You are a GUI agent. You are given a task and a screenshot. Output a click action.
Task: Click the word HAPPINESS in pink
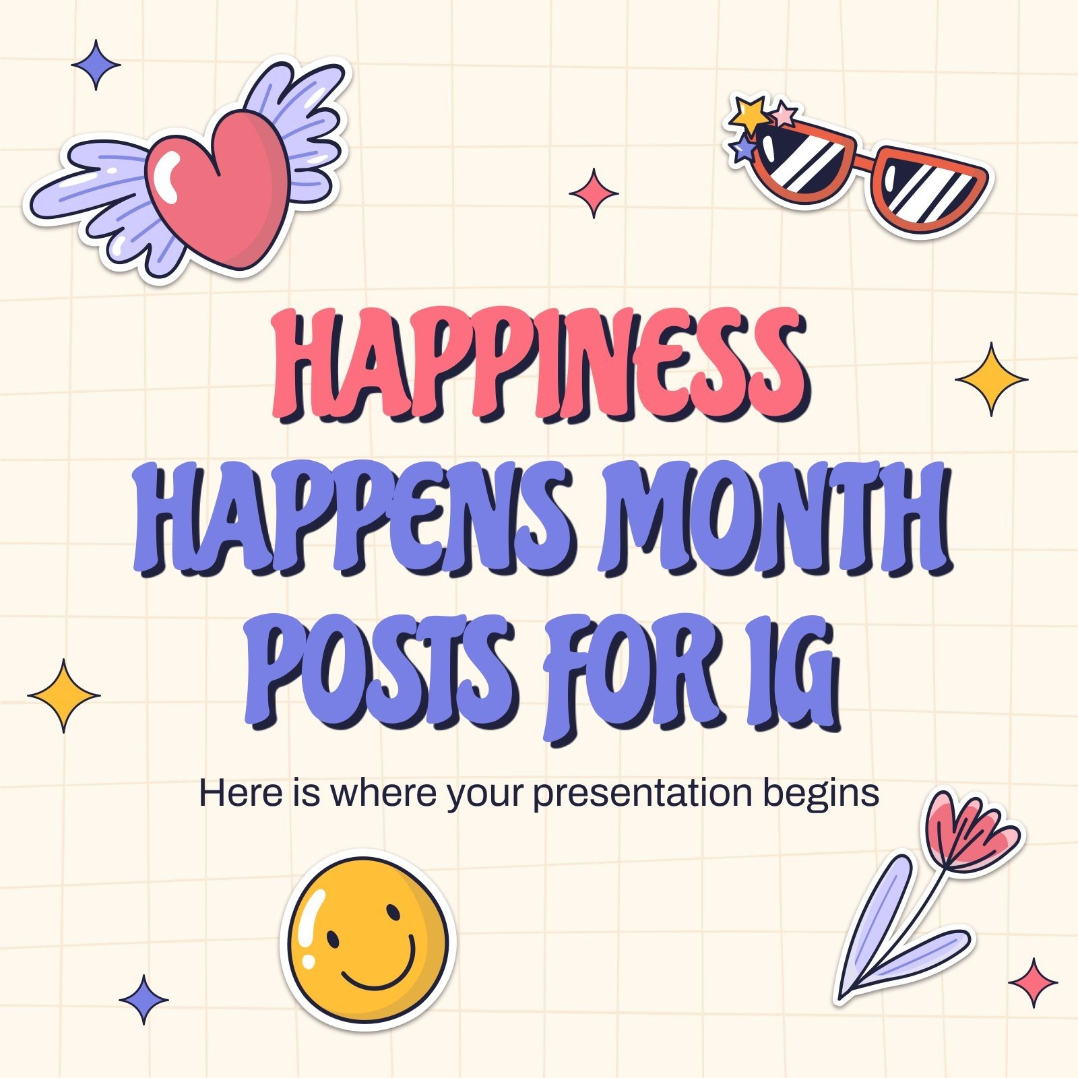tap(539, 367)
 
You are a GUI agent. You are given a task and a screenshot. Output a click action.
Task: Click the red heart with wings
tap(219, 189)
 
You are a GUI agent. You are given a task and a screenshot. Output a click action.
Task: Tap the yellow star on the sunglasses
tap(750, 115)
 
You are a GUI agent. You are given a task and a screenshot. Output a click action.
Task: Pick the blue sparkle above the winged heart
tap(96, 65)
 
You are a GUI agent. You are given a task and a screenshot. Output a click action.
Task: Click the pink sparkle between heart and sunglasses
tap(594, 193)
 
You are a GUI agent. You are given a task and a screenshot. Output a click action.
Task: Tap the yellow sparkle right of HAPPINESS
tap(991, 379)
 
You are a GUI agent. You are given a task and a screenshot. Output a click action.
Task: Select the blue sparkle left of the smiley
tap(144, 999)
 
